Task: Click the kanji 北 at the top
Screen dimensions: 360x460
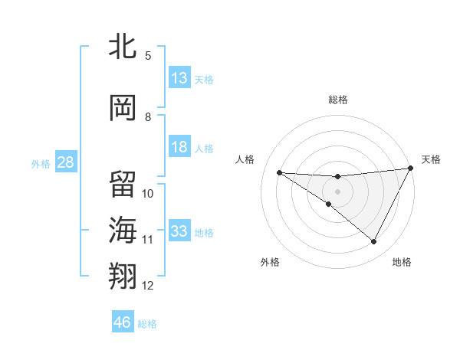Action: (x=123, y=47)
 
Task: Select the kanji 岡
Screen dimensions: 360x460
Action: (x=123, y=108)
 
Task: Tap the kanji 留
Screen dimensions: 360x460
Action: (x=123, y=184)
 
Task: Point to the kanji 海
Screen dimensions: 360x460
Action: (x=123, y=230)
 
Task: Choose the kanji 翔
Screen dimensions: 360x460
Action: (x=123, y=276)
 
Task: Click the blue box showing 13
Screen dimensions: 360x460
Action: (x=179, y=78)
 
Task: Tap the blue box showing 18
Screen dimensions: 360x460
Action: (x=179, y=147)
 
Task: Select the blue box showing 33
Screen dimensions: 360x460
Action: (x=179, y=231)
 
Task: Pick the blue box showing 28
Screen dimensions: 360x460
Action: (x=64, y=162)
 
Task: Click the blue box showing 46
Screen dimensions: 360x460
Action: (x=123, y=322)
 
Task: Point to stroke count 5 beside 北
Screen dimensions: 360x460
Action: (x=148, y=56)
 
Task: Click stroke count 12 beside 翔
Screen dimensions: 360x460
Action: (x=148, y=286)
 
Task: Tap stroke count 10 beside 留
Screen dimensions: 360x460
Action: (x=148, y=194)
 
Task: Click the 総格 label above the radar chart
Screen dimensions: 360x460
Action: (x=337, y=100)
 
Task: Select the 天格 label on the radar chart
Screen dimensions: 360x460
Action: (x=431, y=159)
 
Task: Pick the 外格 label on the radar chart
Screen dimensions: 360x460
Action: (x=270, y=262)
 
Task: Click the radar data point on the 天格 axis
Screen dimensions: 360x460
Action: (x=411, y=169)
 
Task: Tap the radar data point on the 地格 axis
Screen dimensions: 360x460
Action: (x=374, y=242)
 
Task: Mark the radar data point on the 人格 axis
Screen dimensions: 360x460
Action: (x=279, y=172)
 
